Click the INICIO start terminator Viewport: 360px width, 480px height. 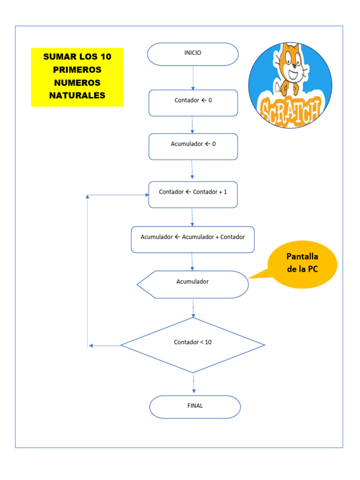coord(193,54)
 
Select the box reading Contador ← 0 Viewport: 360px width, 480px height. coord(193,103)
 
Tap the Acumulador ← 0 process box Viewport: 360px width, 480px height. coord(193,146)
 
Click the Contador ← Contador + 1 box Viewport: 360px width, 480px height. coord(193,194)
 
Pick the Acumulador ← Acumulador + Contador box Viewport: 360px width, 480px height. coord(193,239)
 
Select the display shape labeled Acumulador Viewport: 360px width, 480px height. coord(193,284)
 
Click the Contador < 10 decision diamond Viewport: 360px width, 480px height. coord(193,345)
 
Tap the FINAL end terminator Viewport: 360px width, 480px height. coord(195,406)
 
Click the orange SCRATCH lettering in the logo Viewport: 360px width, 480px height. coord(291,112)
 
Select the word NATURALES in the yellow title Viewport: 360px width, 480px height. coord(77,96)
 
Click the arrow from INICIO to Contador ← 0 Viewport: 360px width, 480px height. coord(193,77)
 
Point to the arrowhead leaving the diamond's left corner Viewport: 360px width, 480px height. coord(91,345)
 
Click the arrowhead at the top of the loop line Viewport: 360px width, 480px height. coord(88,197)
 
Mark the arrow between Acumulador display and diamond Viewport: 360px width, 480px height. coord(193,307)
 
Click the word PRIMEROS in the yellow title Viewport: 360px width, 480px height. coord(77,70)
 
